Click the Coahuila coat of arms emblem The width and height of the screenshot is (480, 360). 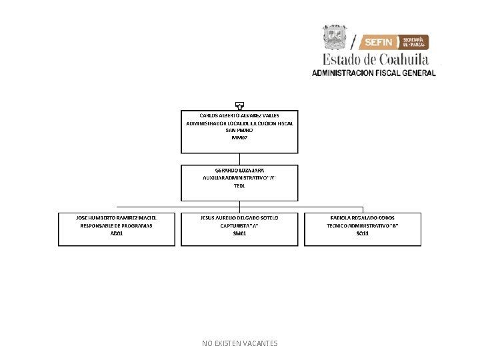click(x=335, y=37)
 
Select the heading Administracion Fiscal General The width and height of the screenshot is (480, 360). click(x=374, y=73)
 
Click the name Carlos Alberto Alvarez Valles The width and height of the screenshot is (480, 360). click(x=239, y=115)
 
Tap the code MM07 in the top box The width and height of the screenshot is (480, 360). click(x=239, y=137)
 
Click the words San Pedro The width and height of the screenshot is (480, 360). click(x=239, y=130)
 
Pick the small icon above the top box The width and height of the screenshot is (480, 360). click(x=239, y=105)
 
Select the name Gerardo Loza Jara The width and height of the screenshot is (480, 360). click(x=239, y=170)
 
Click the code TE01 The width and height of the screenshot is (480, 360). click(x=239, y=186)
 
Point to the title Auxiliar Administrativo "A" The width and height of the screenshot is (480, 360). click(x=239, y=178)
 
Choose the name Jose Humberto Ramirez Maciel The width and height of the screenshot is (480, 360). click(x=116, y=218)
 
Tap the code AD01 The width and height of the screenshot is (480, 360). click(x=116, y=234)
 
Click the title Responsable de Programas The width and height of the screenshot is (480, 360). click(x=116, y=226)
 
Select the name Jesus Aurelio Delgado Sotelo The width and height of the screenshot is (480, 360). click(x=239, y=218)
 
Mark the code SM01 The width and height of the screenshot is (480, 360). click(x=239, y=234)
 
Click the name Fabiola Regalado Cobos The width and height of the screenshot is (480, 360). click(x=363, y=218)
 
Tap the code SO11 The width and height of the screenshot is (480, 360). click(x=363, y=234)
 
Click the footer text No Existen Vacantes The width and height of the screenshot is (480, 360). click(x=239, y=343)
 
